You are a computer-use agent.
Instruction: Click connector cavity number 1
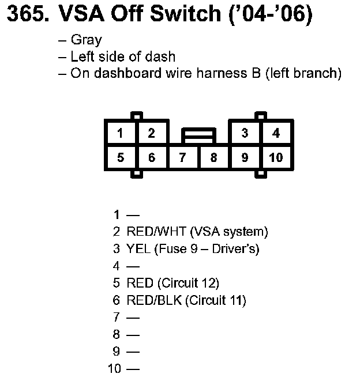[120, 133]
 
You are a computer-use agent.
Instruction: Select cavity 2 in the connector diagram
[151, 133]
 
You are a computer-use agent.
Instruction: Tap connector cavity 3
[245, 133]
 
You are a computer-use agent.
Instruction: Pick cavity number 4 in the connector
[276, 133]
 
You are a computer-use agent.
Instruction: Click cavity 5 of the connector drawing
[120, 157]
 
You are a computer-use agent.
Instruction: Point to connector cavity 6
[151, 157]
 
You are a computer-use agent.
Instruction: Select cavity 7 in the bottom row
[182, 157]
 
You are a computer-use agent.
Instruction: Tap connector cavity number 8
[213, 157]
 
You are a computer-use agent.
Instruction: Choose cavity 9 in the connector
[245, 157]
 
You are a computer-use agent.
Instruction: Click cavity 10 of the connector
[276, 157]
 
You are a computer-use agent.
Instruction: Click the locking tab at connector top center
[198, 136]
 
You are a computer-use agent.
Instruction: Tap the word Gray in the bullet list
[86, 40]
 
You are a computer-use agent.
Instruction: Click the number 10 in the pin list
[115, 368]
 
